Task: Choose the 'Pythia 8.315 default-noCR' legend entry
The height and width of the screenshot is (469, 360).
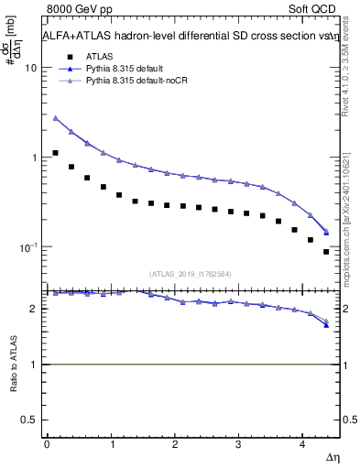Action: click(x=136, y=82)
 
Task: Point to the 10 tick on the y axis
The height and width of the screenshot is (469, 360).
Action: click(x=30, y=68)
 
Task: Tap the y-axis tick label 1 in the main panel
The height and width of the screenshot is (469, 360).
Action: click(x=33, y=158)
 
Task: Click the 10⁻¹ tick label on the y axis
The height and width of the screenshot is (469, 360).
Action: click(x=27, y=247)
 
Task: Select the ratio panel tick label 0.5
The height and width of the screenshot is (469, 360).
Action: click(x=28, y=420)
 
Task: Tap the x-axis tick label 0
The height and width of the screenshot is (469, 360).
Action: click(x=47, y=444)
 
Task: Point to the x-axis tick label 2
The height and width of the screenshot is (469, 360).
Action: click(x=174, y=444)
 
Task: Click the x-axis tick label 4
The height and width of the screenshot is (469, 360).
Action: click(x=302, y=444)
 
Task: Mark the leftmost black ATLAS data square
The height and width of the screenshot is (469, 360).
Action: click(x=56, y=153)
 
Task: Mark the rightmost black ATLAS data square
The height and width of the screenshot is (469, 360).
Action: click(x=326, y=252)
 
